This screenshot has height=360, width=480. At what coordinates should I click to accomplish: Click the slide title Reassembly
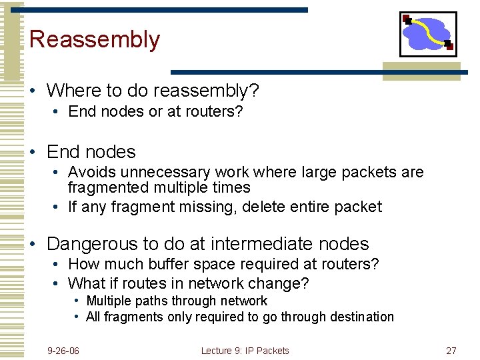95,40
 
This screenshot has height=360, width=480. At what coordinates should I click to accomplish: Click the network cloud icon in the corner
428,34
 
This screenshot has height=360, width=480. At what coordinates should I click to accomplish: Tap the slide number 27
451,351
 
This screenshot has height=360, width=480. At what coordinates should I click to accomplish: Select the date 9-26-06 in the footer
63,351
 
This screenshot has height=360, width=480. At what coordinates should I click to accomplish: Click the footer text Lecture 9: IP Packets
245,351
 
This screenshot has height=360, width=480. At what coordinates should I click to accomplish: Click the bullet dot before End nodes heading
33,153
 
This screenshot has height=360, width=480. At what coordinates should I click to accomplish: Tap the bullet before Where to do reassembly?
33,90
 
